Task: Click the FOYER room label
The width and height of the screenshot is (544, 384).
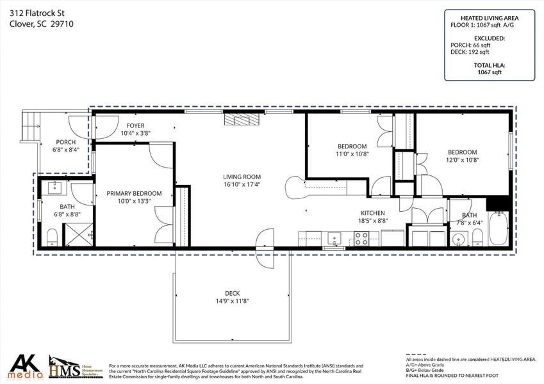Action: (135, 125)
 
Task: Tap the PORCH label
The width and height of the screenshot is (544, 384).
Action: (65, 142)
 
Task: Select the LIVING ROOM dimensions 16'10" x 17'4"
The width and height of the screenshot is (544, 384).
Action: (242, 184)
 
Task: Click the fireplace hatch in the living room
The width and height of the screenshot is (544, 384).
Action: (242, 120)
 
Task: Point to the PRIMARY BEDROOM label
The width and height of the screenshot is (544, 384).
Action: (134, 193)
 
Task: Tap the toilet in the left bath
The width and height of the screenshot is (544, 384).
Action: (53, 239)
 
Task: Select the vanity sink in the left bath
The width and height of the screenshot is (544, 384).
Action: (54, 188)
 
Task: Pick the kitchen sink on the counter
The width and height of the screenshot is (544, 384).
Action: (334, 238)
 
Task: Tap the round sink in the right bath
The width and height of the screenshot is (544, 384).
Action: (456, 240)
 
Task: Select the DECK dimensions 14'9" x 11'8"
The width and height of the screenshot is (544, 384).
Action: (232, 301)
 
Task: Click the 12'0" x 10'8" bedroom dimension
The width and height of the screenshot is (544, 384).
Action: (462, 160)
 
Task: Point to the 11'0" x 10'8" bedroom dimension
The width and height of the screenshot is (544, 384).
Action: (351, 154)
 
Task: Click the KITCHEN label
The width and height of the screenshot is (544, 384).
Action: (373, 212)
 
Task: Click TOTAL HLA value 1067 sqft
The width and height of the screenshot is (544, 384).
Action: (490, 72)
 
